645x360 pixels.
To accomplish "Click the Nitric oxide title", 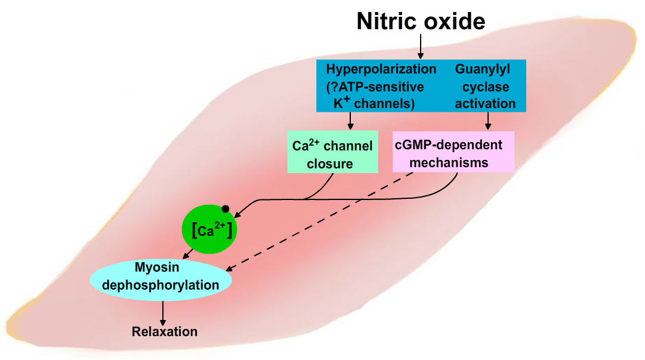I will tap(421, 21).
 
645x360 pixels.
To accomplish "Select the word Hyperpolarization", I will tap(381, 69).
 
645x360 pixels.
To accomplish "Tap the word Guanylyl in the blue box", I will tap(483, 69).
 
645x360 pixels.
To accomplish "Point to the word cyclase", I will tap(485, 87).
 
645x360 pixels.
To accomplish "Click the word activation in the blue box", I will tap(485, 103).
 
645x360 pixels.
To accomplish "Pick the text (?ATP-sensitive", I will tap(375, 87).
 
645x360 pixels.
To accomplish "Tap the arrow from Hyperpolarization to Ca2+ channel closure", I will tap(351, 121).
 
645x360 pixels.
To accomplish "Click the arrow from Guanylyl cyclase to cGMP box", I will tap(488, 121).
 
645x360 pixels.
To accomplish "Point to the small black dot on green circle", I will tap(226, 209).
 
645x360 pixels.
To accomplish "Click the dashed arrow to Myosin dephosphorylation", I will tap(322, 221).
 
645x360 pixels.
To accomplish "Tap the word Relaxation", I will tap(165, 331).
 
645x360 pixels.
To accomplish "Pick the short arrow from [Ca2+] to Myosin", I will tap(189, 254).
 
